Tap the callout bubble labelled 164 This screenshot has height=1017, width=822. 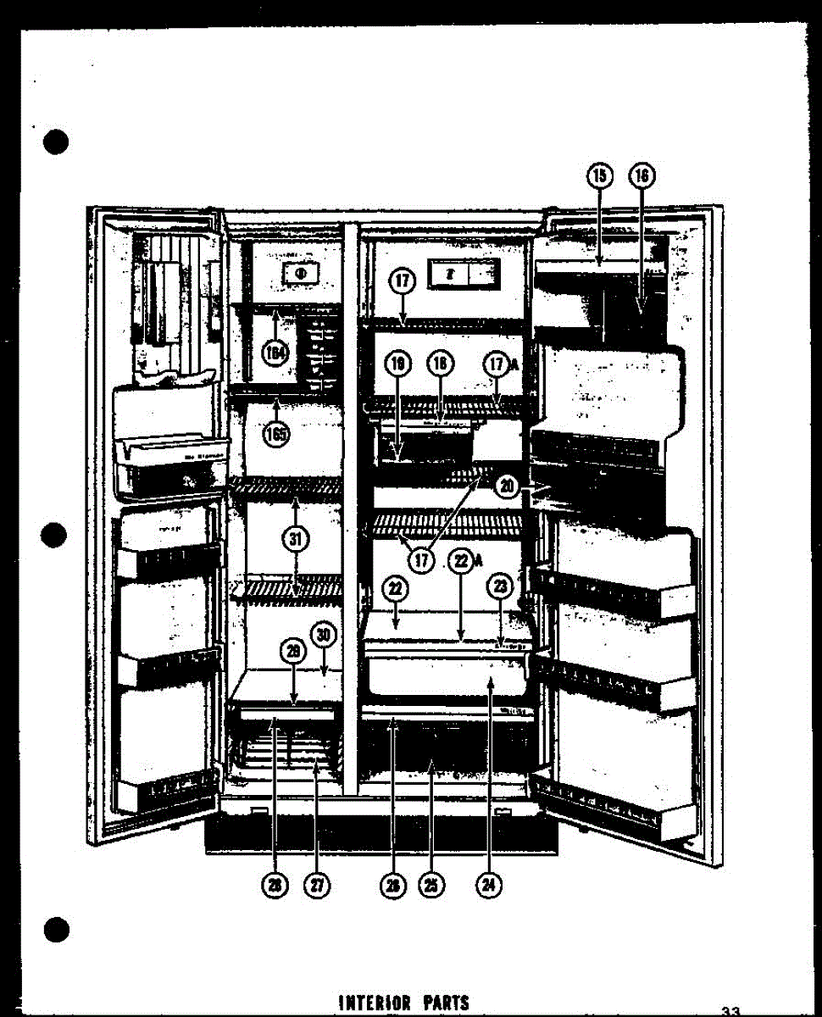[x=275, y=353]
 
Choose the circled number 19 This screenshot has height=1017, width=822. [x=398, y=365]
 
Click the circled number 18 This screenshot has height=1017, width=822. [x=438, y=365]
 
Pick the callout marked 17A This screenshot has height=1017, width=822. [x=496, y=365]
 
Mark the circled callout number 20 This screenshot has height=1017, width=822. [x=507, y=486]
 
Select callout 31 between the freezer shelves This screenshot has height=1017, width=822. [x=296, y=537]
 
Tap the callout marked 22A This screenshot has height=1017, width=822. [x=460, y=560]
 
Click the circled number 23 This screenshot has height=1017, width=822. [x=500, y=587]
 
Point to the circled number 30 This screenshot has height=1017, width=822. [x=323, y=635]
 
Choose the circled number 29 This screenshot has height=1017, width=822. [x=293, y=652]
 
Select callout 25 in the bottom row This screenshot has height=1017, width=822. [x=431, y=885]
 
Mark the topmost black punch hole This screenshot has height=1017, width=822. [x=56, y=141]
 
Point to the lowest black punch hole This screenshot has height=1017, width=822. [x=56, y=929]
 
